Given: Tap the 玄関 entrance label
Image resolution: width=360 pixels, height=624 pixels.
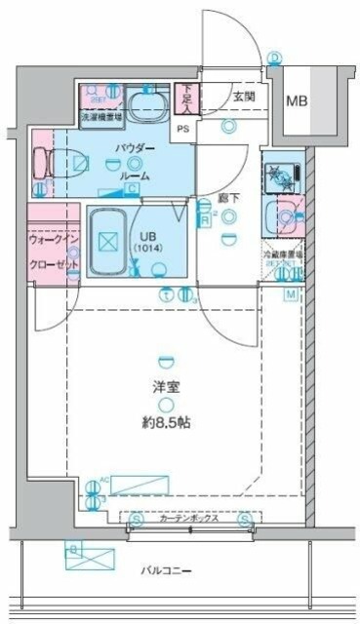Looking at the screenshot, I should [x=243, y=96].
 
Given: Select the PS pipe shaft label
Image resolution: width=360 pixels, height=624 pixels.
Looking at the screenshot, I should [x=182, y=127].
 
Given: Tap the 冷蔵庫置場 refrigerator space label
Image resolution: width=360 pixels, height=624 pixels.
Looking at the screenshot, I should [x=282, y=256].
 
